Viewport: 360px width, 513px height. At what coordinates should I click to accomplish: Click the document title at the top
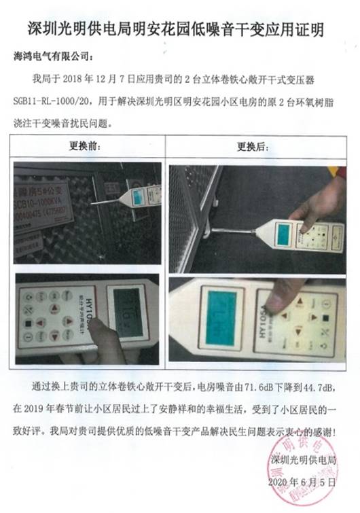tap(180, 29)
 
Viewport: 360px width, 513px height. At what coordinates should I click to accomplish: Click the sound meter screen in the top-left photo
tap(141, 196)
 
